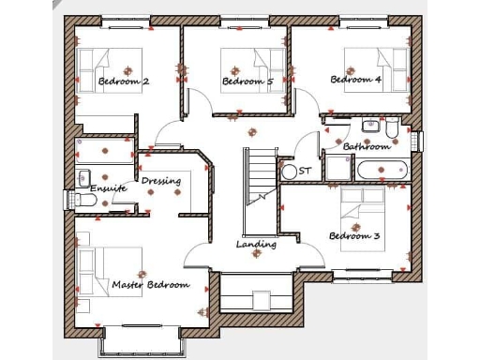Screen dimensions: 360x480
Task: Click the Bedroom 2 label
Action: click(x=124, y=82)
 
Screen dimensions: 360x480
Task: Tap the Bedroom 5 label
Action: click(x=247, y=82)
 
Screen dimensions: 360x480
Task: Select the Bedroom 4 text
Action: click(x=355, y=80)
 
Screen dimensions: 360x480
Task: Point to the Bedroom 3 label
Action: click(x=354, y=236)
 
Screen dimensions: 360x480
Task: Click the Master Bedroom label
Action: click(x=150, y=284)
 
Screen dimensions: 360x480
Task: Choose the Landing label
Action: click(x=256, y=245)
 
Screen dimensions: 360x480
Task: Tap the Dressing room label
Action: click(x=160, y=181)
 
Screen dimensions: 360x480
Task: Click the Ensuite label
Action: click(x=108, y=188)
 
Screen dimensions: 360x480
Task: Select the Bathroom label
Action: click(x=366, y=147)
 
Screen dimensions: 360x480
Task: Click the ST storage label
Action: click(x=305, y=172)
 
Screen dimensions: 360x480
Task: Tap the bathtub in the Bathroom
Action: click(x=382, y=171)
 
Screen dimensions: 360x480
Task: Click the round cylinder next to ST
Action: click(x=289, y=172)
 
